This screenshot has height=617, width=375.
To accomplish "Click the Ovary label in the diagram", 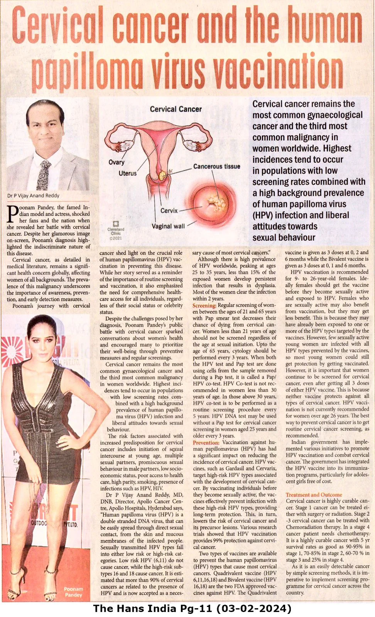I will (x=116, y=162).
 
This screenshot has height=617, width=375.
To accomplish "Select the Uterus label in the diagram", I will (x=127, y=174).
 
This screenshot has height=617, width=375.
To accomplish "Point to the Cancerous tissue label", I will (x=216, y=167).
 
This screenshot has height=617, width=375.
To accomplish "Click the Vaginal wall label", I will (x=168, y=226).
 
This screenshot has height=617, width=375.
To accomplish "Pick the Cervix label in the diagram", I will (x=169, y=211).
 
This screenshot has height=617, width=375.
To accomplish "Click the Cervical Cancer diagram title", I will (x=176, y=109).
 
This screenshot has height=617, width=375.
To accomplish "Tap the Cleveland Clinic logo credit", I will (x=115, y=230).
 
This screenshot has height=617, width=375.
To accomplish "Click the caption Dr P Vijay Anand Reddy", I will (x=33, y=196).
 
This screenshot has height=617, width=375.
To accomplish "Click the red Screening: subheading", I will (x=204, y=305).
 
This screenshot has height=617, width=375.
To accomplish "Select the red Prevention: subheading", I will (x=206, y=443).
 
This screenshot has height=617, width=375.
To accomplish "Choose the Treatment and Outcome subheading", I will (x=314, y=495).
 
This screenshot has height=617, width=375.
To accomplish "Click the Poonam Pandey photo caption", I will (x=73, y=592).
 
